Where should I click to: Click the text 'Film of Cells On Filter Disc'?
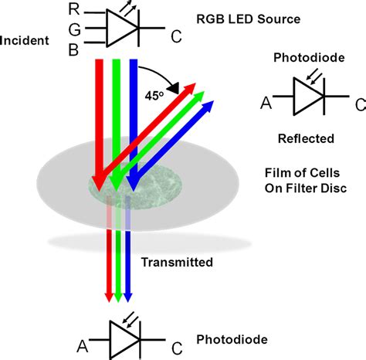[x=305, y=179]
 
